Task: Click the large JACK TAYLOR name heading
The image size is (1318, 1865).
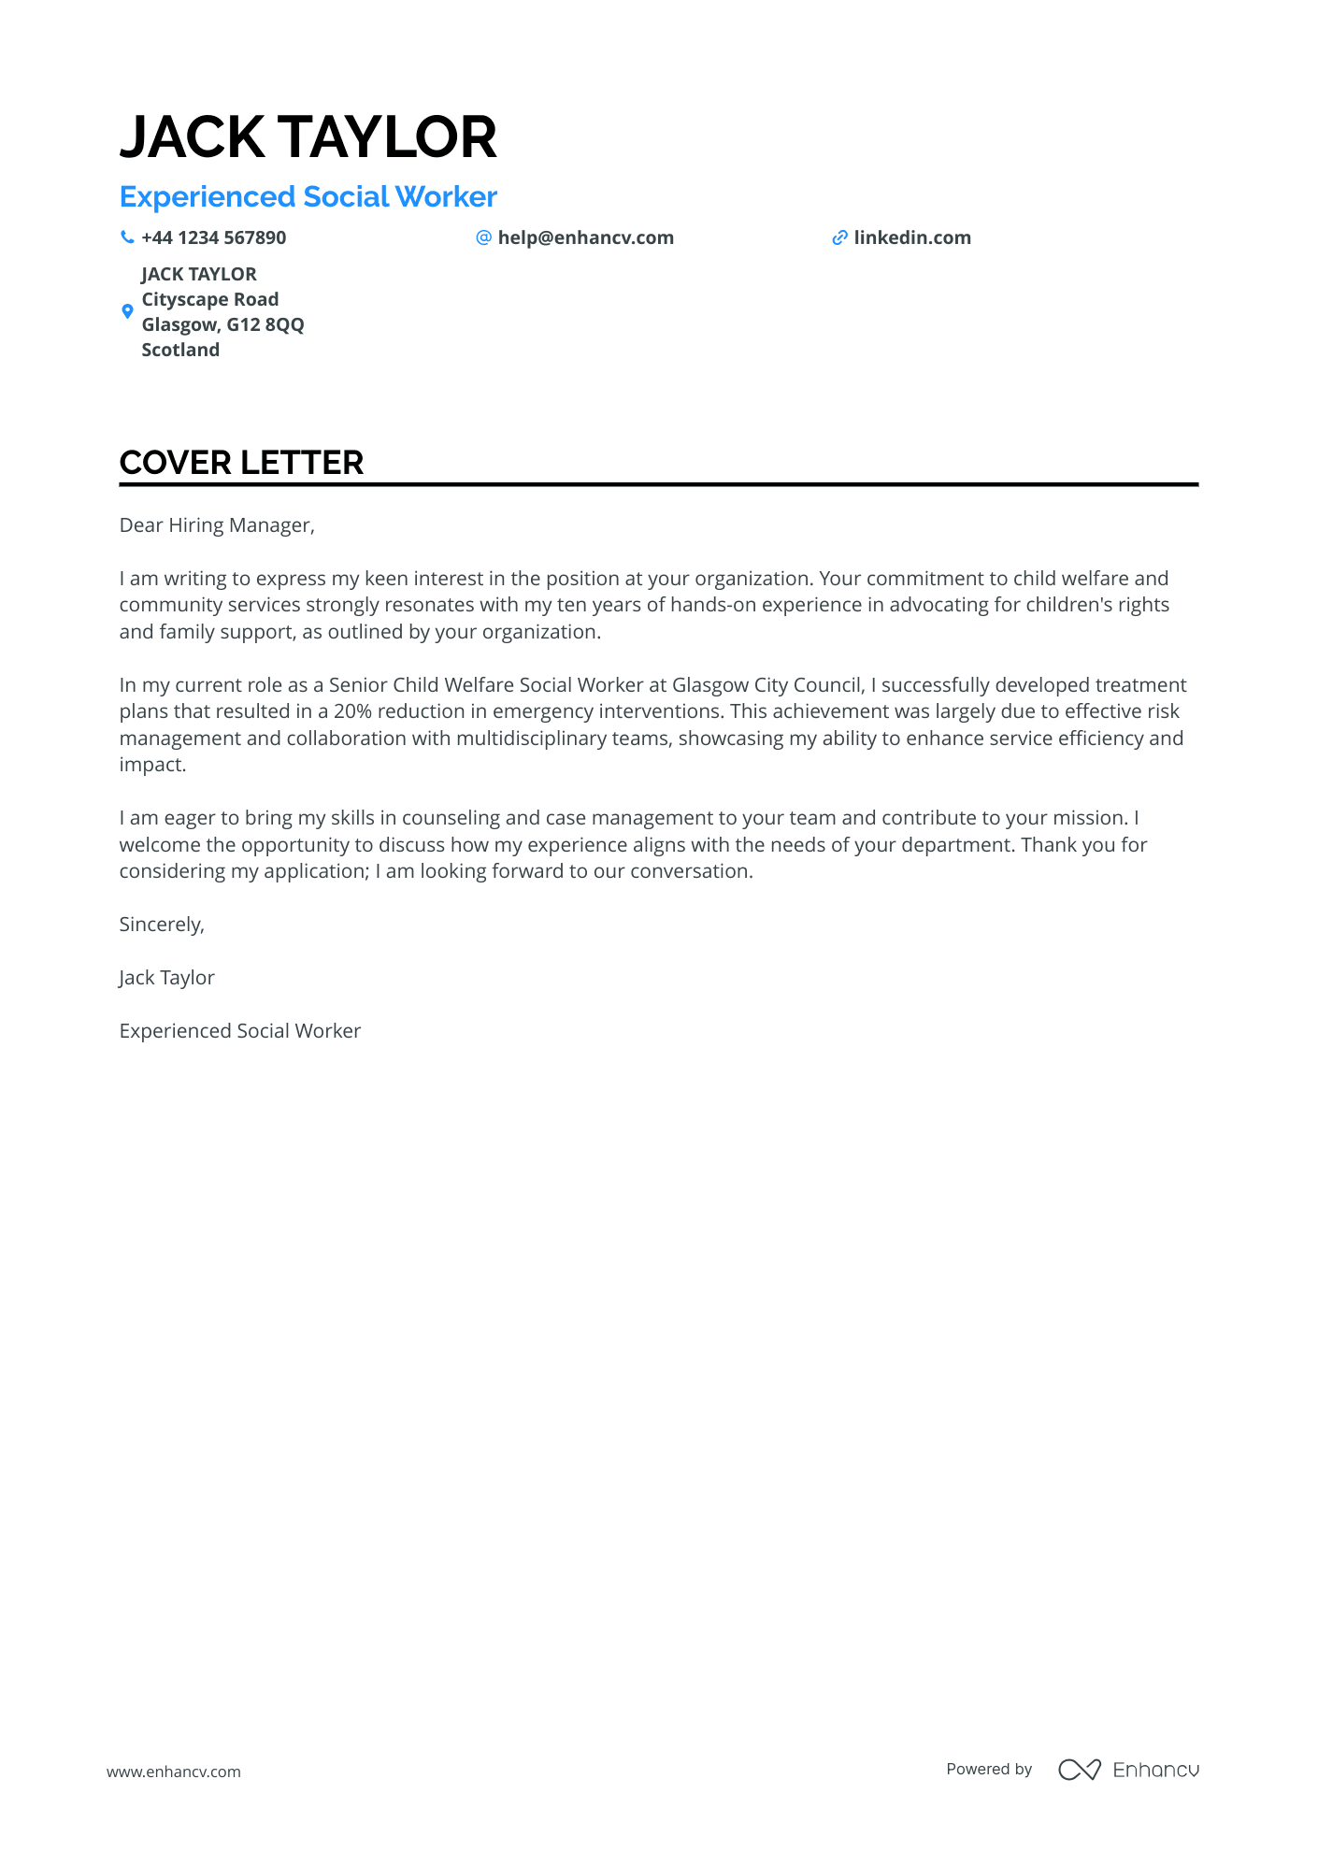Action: [x=308, y=137]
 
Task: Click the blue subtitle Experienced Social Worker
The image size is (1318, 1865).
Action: [x=308, y=197]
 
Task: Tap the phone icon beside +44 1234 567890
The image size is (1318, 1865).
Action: [x=127, y=237]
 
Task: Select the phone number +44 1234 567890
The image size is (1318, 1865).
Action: [x=213, y=237]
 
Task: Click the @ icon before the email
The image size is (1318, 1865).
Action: [x=483, y=237]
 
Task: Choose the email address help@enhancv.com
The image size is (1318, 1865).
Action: [x=585, y=237]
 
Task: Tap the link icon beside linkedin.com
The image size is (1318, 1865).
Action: [x=839, y=237]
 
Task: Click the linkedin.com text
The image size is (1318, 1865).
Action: [x=911, y=237]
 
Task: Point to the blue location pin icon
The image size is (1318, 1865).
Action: [x=128, y=311]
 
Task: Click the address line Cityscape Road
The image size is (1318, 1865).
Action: [x=209, y=299]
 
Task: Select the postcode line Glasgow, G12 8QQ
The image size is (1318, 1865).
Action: [x=222, y=324]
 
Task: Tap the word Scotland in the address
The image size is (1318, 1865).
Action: [x=180, y=350]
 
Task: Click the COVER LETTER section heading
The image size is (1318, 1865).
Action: [x=241, y=463]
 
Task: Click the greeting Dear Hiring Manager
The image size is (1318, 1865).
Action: [x=217, y=525]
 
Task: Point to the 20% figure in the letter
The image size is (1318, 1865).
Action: [x=352, y=711]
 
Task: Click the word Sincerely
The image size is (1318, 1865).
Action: [x=162, y=925]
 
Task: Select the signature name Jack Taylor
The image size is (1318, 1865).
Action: [x=166, y=978]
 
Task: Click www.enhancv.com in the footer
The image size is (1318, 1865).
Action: [x=174, y=1772]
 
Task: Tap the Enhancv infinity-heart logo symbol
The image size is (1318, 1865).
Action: [x=1079, y=1770]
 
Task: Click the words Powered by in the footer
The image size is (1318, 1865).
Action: [x=989, y=1769]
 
